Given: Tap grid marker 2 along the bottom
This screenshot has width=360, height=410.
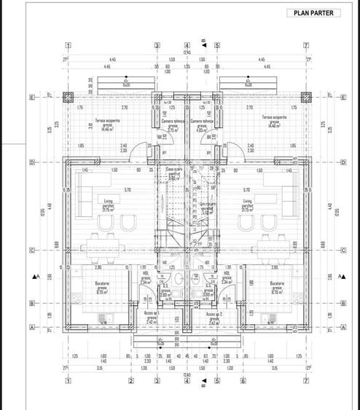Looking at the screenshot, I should [130, 380].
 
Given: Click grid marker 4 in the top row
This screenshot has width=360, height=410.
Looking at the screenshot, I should [187, 44].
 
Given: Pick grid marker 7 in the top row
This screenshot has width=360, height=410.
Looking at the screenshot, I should [306, 44].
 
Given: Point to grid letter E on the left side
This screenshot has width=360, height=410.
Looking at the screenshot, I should [32, 96].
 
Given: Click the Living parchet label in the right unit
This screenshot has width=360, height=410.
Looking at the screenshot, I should [248, 204].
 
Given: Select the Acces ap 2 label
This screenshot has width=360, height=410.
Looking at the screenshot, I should [213, 316].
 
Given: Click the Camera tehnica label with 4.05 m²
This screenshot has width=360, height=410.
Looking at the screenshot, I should [200, 125].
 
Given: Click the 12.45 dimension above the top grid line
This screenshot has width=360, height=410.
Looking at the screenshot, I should [187, 52].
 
